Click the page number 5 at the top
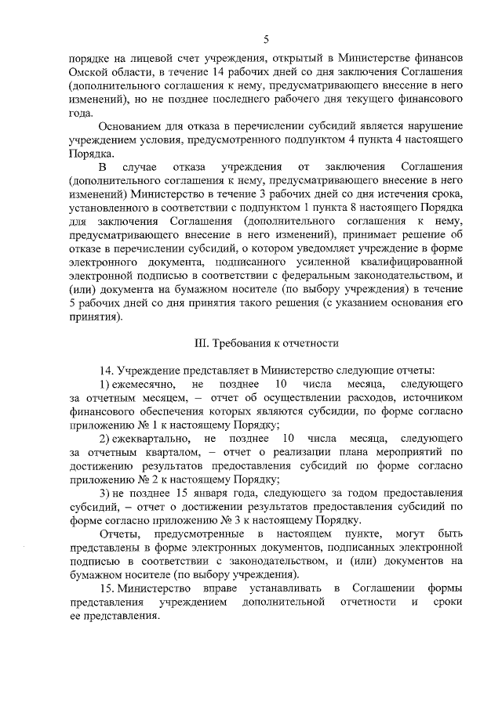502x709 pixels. coord(266,39)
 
